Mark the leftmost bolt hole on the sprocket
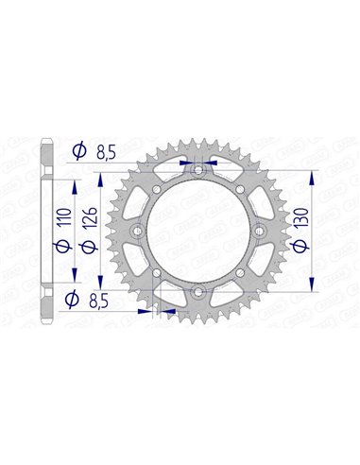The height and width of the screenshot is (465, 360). click(137, 232)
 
